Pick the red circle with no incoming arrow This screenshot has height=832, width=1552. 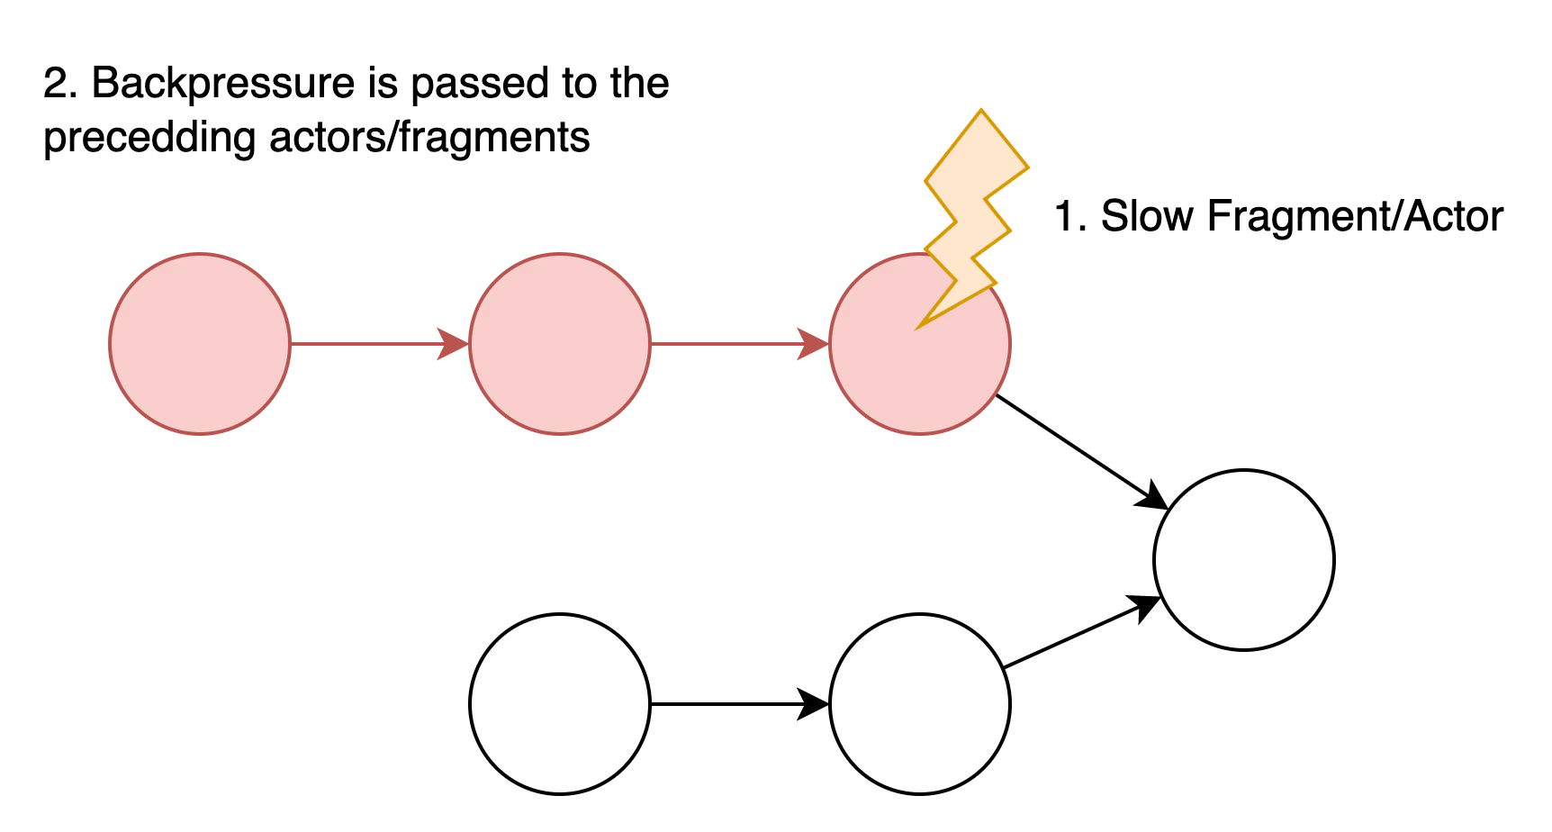[200, 344]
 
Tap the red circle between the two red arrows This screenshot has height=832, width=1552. [560, 344]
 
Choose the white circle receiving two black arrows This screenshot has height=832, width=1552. [1244, 560]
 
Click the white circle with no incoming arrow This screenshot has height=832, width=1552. [560, 704]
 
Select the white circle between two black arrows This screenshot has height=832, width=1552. [920, 704]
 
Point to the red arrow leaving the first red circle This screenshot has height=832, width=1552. [380, 344]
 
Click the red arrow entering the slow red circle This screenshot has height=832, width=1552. [740, 344]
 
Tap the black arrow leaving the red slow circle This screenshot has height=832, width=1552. [1082, 452]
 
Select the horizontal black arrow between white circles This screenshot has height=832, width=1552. [740, 704]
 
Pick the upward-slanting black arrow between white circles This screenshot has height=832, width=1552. [1083, 632]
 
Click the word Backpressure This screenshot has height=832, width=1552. [224, 84]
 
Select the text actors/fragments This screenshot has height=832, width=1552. [429, 139]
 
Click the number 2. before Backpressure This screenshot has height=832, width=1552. [61, 84]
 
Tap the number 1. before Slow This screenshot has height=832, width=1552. [1071, 217]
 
